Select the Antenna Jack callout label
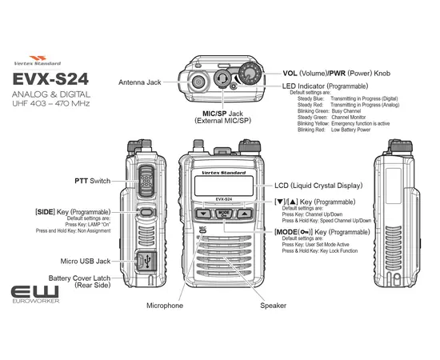point(141,82)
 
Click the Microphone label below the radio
point(164,306)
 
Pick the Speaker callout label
point(273,306)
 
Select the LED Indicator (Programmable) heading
point(325,86)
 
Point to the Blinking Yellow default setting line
point(344,124)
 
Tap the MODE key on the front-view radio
point(224,214)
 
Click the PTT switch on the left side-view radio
point(146,182)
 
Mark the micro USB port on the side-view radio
point(146,261)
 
